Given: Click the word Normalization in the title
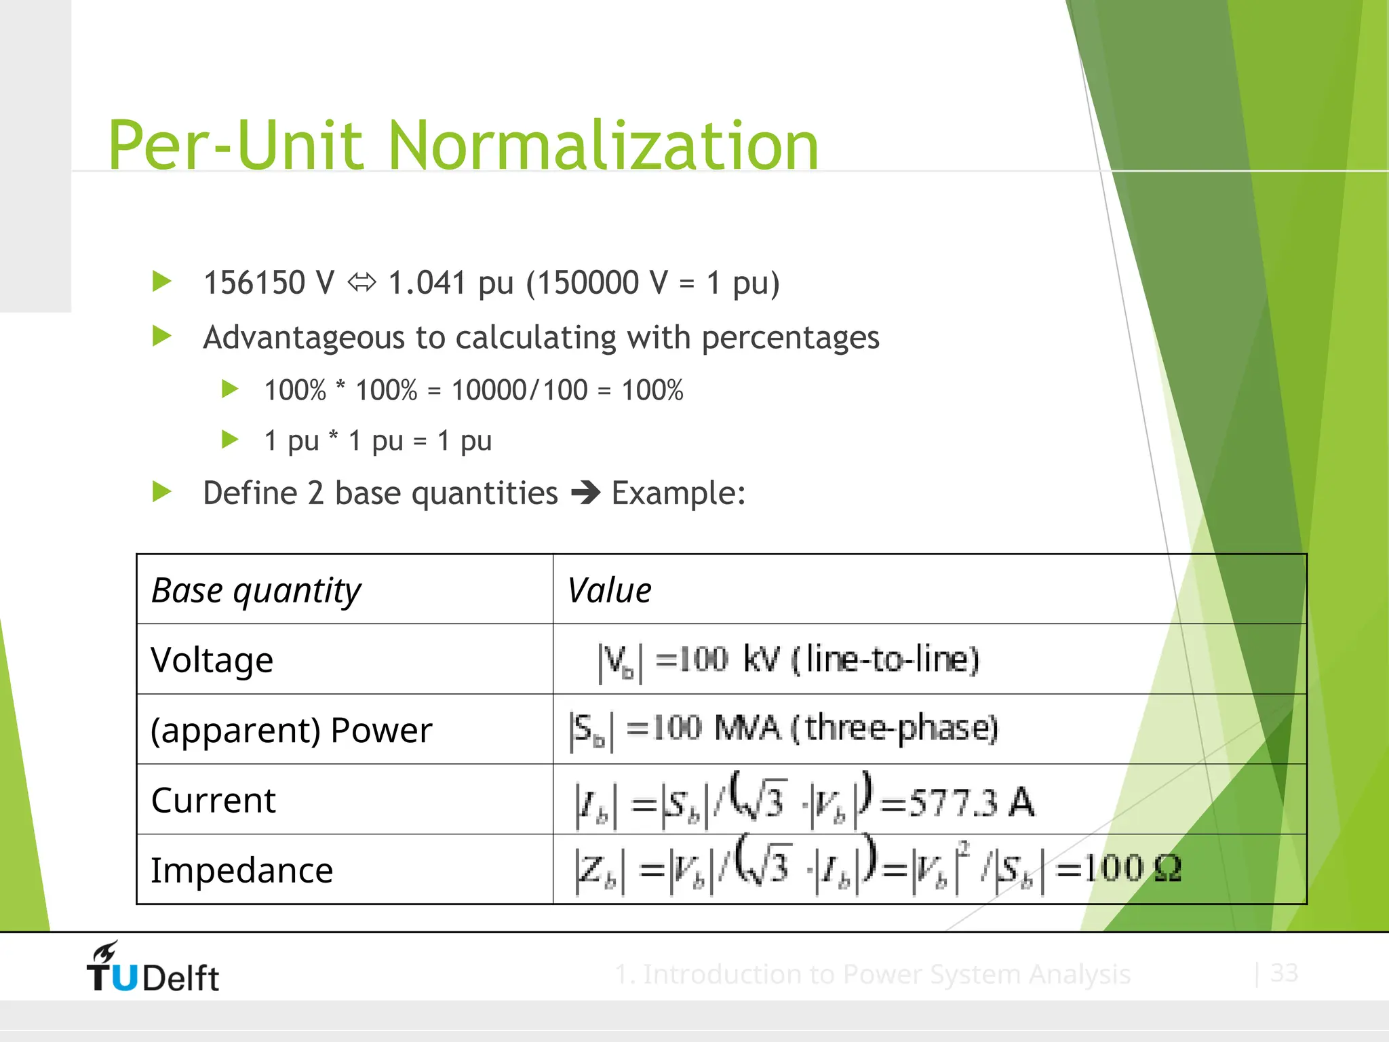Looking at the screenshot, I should tap(603, 145).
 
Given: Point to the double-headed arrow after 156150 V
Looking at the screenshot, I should tap(361, 282).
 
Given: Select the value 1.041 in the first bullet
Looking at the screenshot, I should tap(427, 283).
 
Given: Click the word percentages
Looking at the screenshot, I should tap(790, 338).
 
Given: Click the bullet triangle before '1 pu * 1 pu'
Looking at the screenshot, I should tap(230, 440).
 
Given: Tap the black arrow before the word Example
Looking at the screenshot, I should tap(585, 493).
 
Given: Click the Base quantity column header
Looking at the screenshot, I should tap(256, 590).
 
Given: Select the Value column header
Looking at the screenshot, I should tap(609, 590).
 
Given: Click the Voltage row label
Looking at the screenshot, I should tap(212, 660).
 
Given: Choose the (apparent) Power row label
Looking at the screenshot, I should tap(291, 730).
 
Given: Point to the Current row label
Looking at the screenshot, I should tap(214, 800).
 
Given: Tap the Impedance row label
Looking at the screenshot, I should tap(242, 870).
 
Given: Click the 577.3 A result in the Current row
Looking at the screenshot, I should tap(971, 803).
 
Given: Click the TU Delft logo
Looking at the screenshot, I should tap(153, 968).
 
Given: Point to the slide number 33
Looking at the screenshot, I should tap(1284, 973).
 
